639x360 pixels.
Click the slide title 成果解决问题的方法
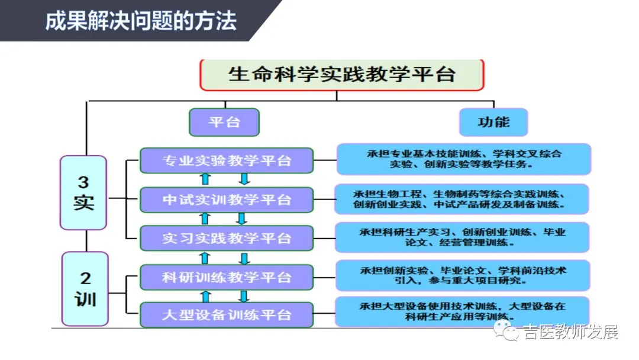tap(141, 21)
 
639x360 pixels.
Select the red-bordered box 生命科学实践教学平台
tap(342, 75)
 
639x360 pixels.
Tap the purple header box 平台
tap(224, 122)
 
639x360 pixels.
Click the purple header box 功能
tap(493, 122)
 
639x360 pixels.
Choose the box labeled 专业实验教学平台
tap(227, 160)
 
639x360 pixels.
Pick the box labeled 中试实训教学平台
tap(227, 200)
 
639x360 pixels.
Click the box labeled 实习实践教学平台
tap(227, 238)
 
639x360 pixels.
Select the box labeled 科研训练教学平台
tap(227, 277)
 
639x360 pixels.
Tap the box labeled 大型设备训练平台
tap(227, 314)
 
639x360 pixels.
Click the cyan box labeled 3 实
tap(83, 192)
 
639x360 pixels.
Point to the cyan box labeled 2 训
tap(85, 288)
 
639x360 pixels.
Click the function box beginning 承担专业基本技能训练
tap(464, 159)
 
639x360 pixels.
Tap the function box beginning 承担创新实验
tap(463, 275)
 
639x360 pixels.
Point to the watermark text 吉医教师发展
tap(570, 332)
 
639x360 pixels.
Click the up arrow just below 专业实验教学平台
tap(205, 179)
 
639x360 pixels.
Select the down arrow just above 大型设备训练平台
tap(244, 295)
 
